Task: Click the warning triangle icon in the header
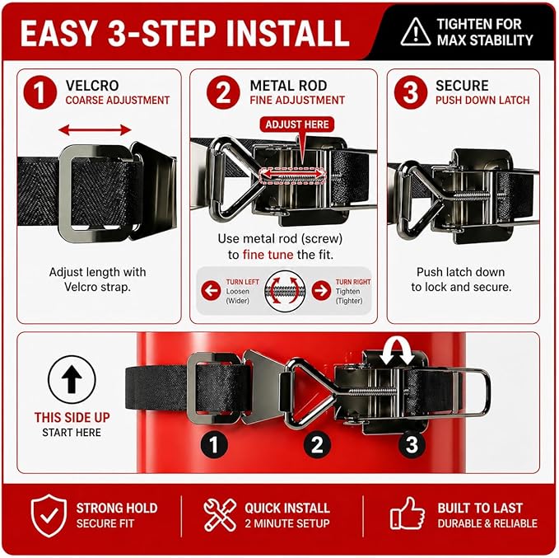coord(415,32)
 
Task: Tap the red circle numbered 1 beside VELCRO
coord(40,92)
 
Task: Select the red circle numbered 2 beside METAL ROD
coord(223,92)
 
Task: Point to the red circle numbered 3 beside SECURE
coord(411,92)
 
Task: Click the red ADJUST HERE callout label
coord(297,124)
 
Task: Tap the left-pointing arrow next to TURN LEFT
coord(211,291)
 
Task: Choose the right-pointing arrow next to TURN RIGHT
coord(321,291)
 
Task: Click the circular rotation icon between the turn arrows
coord(285,291)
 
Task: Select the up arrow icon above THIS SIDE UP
coord(72,379)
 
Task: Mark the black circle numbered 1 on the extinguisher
coord(214,445)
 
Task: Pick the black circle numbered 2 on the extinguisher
coord(317,445)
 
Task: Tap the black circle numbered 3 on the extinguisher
coord(412,445)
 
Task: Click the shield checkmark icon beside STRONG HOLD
coord(49,515)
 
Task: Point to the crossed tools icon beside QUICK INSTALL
coord(220,515)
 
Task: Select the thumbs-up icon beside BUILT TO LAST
coord(408,513)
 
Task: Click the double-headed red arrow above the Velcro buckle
coord(95,130)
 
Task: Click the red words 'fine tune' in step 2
coord(268,255)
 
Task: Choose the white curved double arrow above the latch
coord(397,351)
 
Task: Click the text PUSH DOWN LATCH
coord(482,101)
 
